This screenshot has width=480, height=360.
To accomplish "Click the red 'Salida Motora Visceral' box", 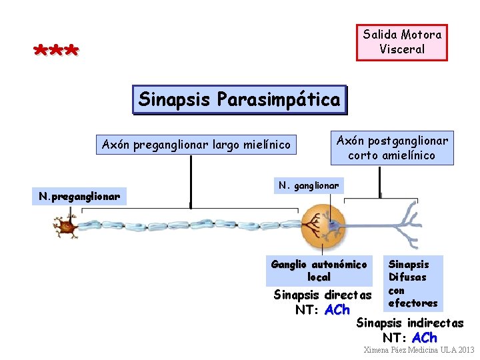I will coord(401,42).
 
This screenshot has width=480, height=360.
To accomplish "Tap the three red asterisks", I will coord(56,51).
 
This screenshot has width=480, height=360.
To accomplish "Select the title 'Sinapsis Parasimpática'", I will coord(239,101).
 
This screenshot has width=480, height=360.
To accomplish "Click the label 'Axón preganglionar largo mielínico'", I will coord(196,145).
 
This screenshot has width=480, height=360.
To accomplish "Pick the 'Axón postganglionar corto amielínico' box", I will coord(392,148).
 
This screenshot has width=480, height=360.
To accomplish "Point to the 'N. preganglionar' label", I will coord(79,197).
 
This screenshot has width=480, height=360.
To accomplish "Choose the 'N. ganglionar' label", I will coord(309,185).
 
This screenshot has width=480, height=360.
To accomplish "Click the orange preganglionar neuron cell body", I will coord(66,227).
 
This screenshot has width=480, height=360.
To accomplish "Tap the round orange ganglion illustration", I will coord(323,227).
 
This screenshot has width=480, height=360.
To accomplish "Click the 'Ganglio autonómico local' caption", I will coord(319,270).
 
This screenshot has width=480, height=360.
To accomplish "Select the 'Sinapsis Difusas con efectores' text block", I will coord(412,283).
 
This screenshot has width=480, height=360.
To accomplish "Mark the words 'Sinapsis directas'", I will coord(323,295).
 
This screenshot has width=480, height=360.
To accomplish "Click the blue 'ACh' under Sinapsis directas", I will coord(337,310).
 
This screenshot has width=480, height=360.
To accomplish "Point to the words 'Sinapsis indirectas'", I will coord(410,323).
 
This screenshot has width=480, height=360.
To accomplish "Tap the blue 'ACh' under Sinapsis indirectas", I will coord(425,338).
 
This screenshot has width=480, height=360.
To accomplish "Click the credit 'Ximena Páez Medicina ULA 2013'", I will coord(419,350).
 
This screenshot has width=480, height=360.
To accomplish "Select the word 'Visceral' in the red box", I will coord(401,49).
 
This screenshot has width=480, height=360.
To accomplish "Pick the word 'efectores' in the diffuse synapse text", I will coord(413,303).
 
